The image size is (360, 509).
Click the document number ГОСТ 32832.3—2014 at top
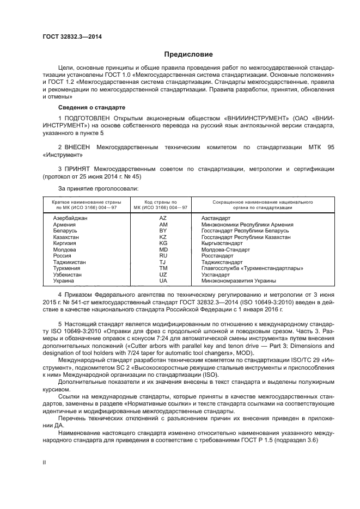point(72,36)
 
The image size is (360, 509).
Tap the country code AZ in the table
point(163,218)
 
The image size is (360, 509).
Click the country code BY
point(163,231)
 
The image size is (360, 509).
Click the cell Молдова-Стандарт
point(225,250)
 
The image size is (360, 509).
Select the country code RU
point(163,256)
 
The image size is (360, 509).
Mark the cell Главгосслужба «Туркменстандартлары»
point(252,268)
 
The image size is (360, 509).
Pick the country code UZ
point(163,275)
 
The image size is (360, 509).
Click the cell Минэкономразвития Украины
point(239,281)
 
